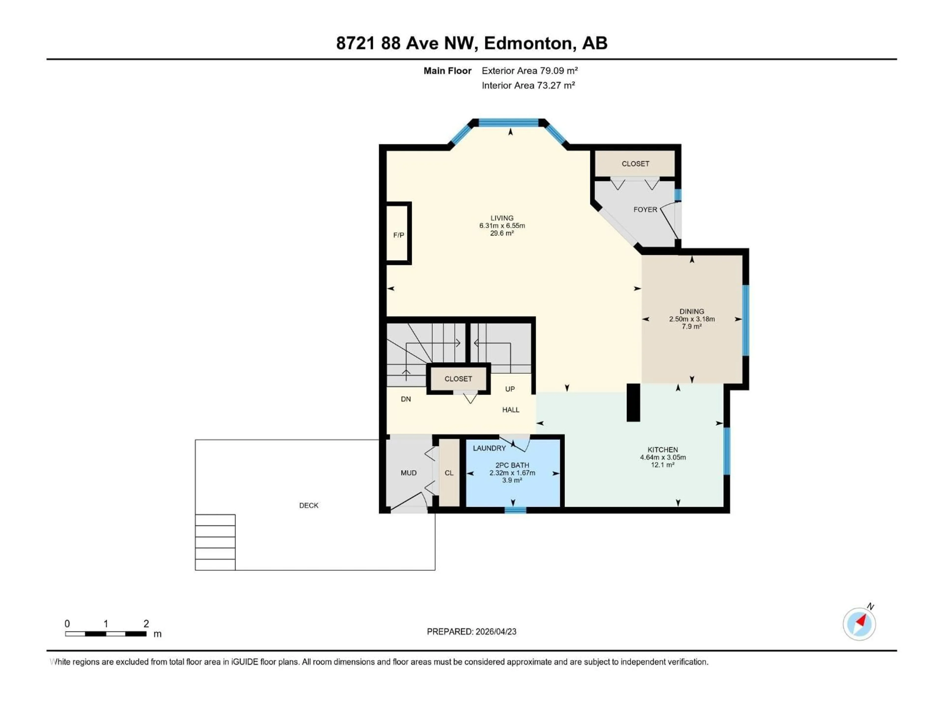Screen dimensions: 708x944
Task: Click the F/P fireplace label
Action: (x=398, y=235)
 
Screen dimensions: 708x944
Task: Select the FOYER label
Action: (x=645, y=209)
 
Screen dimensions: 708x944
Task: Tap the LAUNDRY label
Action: (x=489, y=448)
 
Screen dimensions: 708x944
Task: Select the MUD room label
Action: (x=408, y=473)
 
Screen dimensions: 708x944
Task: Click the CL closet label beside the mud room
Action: (x=449, y=473)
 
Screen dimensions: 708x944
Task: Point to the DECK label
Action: (x=309, y=505)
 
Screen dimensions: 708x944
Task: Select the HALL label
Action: (x=510, y=410)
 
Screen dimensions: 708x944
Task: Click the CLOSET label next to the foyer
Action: (x=635, y=164)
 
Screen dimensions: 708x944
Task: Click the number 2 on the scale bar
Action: (x=146, y=623)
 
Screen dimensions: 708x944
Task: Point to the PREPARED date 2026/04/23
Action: (x=471, y=632)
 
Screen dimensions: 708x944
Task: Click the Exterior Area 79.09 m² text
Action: (x=529, y=71)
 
